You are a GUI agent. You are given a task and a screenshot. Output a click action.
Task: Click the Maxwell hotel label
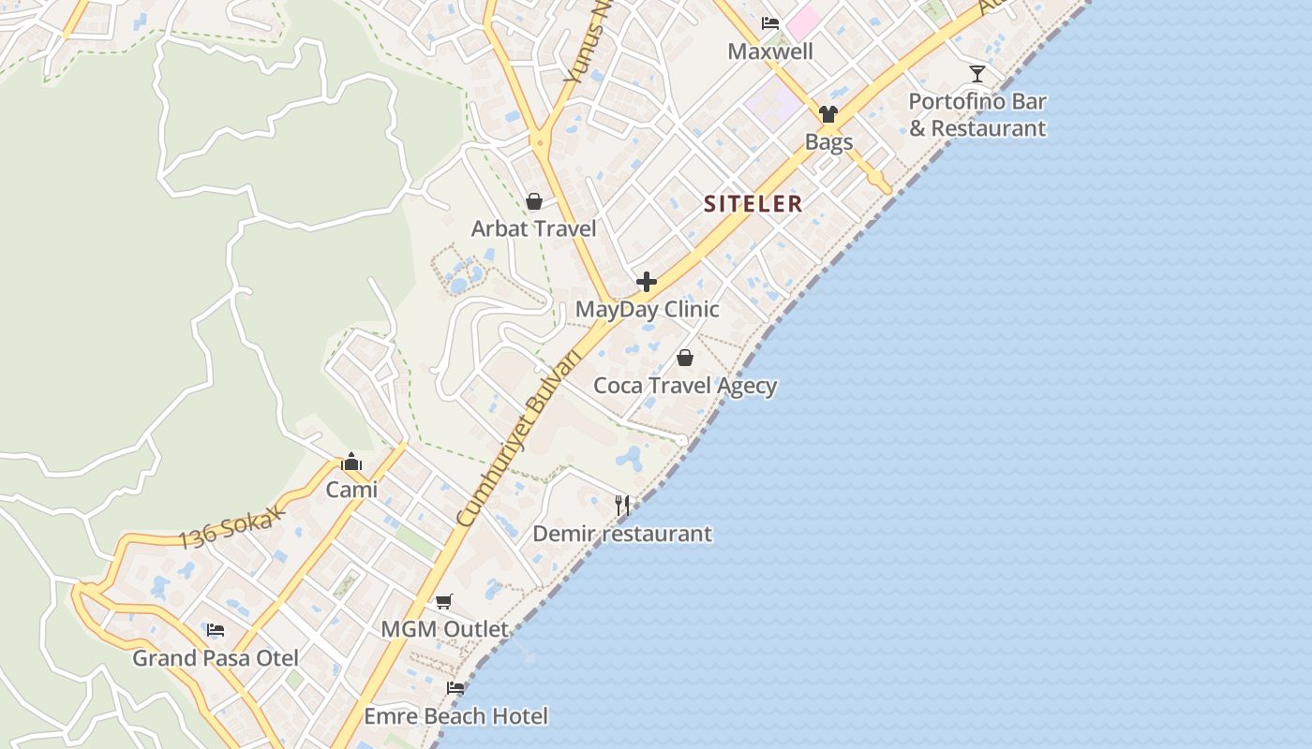pyautogui.click(x=770, y=51)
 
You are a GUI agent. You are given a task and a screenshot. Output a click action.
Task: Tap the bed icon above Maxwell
pyautogui.click(x=770, y=23)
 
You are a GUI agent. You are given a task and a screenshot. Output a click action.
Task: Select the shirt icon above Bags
pyautogui.click(x=827, y=114)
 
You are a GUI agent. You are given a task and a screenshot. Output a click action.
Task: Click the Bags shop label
pyautogui.click(x=828, y=142)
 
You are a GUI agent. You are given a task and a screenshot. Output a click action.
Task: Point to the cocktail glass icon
pyautogui.click(x=977, y=74)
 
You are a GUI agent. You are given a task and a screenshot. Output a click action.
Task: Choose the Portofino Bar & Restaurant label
pyautogui.click(x=977, y=114)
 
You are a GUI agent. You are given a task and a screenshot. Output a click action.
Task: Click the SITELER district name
pyautogui.click(x=753, y=204)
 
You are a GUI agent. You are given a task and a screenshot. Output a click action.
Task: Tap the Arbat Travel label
pyautogui.click(x=533, y=228)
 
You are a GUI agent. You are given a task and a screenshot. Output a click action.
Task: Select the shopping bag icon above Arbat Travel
pyautogui.click(x=534, y=201)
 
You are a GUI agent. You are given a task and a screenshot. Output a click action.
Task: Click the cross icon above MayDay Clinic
pyautogui.click(x=647, y=282)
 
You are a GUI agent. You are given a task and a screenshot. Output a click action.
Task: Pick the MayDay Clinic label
pyautogui.click(x=647, y=310)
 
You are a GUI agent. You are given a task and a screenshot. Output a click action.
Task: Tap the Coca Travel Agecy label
pyautogui.click(x=685, y=386)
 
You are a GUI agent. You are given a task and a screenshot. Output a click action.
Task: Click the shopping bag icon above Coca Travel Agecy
pyautogui.click(x=685, y=358)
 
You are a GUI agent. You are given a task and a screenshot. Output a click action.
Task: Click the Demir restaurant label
pyautogui.click(x=622, y=535)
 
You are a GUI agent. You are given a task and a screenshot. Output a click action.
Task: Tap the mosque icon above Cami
pyautogui.click(x=351, y=462)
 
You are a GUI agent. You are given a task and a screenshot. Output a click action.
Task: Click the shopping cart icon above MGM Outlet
pyautogui.click(x=444, y=601)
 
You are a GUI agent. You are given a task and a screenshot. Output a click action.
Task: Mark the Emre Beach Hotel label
pyautogui.click(x=455, y=717)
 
